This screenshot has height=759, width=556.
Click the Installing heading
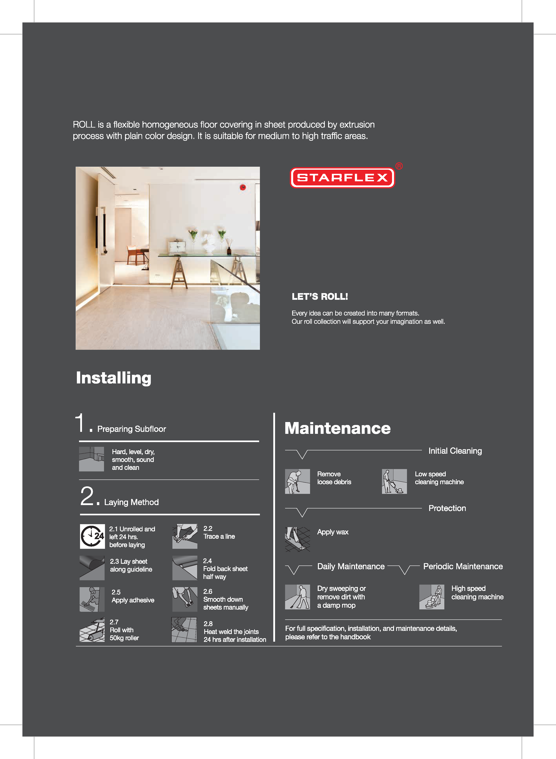(x=114, y=378)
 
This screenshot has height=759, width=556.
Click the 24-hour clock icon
(x=92, y=536)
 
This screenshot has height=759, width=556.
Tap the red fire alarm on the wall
(x=243, y=187)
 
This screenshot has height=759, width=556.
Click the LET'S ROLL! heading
(x=320, y=296)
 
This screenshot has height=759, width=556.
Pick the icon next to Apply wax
(x=297, y=539)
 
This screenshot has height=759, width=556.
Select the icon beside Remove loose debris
(x=297, y=481)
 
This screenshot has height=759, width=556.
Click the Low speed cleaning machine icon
(x=394, y=481)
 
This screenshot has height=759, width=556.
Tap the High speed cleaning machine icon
(x=432, y=597)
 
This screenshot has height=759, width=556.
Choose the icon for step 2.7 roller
(x=92, y=630)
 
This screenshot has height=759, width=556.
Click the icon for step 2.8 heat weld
(x=184, y=630)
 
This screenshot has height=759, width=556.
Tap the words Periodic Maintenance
(x=463, y=566)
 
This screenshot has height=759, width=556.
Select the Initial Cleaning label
(x=455, y=451)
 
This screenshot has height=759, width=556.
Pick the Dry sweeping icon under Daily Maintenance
(x=297, y=597)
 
